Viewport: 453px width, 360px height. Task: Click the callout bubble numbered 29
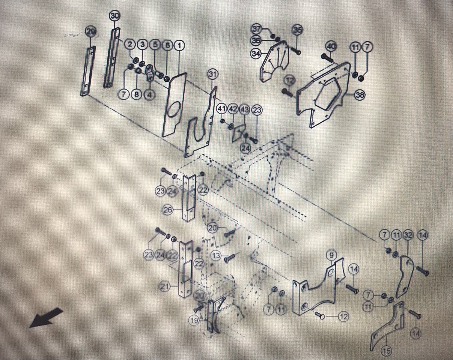click(90, 31)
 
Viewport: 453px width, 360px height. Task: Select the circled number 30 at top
click(115, 16)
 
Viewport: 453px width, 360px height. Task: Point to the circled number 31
click(212, 74)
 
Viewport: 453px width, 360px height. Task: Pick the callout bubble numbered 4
click(149, 95)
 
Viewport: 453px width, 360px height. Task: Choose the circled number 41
click(222, 109)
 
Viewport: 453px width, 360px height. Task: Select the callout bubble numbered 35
click(298, 30)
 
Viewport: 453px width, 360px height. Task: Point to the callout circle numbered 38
click(359, 95)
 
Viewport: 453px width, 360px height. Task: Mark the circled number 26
click(168, 210)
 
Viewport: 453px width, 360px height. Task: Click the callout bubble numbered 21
click(165, 287)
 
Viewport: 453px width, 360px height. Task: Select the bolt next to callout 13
click(230, 258)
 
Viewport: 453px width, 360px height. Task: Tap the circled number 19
click(194, 321)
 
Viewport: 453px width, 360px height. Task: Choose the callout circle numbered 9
click(331, 255)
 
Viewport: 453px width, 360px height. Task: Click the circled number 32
click(408, 235)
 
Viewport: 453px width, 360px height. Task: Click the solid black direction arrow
click(46, 317)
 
